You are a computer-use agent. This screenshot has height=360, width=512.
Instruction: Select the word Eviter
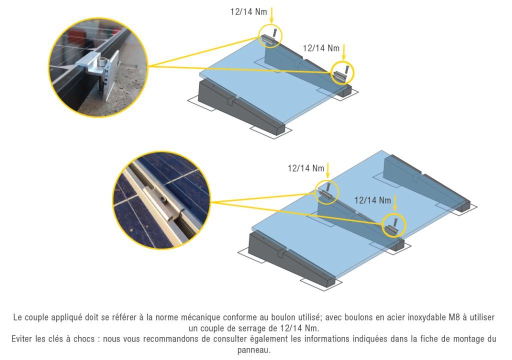point(22,339)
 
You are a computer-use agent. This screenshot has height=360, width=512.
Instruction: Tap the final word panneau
point(253,350)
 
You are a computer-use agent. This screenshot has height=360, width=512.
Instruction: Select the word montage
point(468,339)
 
